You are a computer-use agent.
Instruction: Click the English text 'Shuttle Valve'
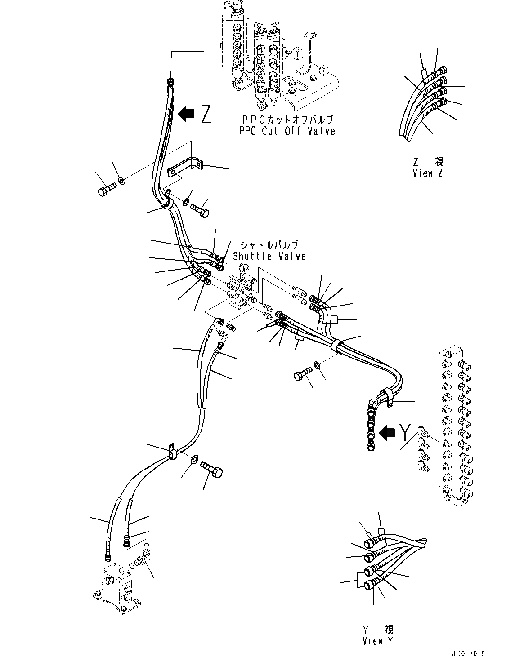[x=269, y=257]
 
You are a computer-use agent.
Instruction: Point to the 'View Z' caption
[x=428, y=173]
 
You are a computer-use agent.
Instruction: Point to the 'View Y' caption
[x=377, y=641]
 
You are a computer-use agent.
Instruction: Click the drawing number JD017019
[x=469, y=654]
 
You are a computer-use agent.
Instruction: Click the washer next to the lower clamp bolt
[x=195, y=459]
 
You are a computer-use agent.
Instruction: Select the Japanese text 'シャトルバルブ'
[x=269, y=245]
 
